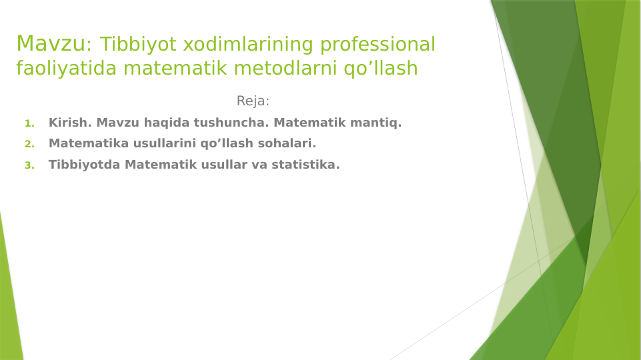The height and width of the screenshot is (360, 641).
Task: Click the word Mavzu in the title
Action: (x=51, y=44)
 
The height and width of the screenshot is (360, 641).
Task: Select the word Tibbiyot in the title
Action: (x=139, y=45)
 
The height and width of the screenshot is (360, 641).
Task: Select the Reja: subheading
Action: (x=253, y=101)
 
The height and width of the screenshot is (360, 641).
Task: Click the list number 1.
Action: (x=29, y=123)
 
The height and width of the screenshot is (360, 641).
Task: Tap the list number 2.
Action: (x=29, y=144)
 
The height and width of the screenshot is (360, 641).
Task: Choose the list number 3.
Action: (x=29, y=165)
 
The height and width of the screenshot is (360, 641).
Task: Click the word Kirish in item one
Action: (x=70, y=123)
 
